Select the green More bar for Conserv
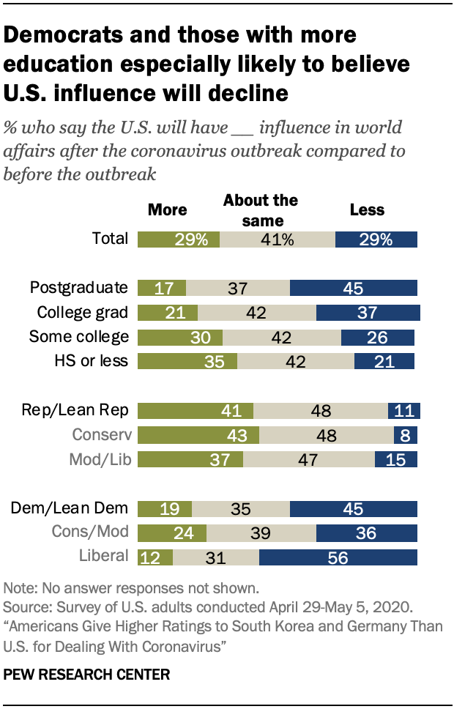click(x=196, y=435)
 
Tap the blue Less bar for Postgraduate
click(x=353, y=288)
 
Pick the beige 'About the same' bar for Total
click(x=277, y=239)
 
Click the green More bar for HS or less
click(x=187, y=360)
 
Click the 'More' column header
click(x=168, y=210)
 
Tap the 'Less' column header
click(x=367, y=210)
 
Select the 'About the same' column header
click(x=260, y=209)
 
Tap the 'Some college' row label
click(x=78, y=337)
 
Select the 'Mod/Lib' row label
click(x=101, y=459)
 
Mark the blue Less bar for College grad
click(x=368, y=313)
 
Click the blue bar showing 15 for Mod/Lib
click(x=395, y=459)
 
